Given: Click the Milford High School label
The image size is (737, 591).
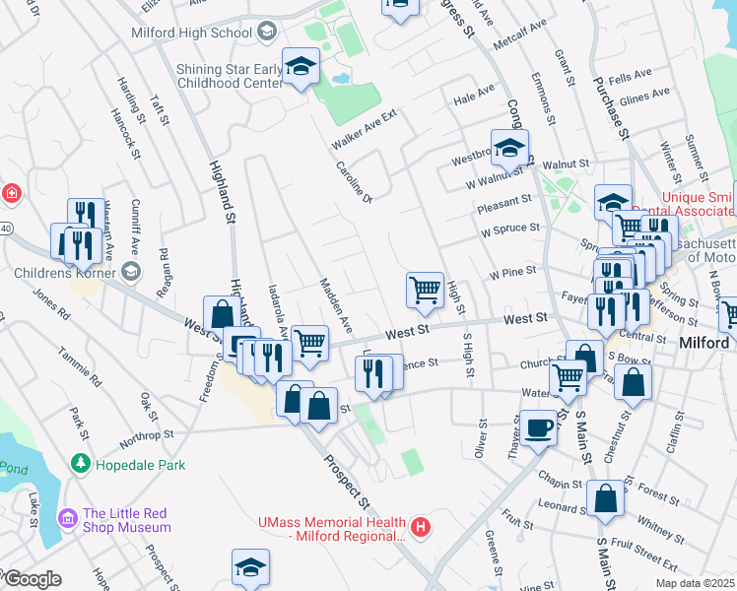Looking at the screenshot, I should click(192, 33).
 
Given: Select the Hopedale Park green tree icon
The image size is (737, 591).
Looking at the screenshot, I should click(81, 462).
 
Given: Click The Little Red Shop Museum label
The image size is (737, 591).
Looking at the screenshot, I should click(126, 520).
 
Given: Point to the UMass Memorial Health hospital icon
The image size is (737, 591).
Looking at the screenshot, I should click(422, 528).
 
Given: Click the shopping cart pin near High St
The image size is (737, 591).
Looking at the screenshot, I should click(425, 290).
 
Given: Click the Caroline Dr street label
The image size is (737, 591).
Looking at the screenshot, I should click(354, 182).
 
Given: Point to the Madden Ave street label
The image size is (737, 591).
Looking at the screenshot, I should click(336, 303).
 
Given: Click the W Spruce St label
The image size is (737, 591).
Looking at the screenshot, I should click(509, 229).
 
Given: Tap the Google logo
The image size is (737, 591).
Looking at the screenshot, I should click(32, 579).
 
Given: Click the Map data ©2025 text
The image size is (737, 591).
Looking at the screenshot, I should click(695, 583).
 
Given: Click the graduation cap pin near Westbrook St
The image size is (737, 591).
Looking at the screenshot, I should click(509, 149).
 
